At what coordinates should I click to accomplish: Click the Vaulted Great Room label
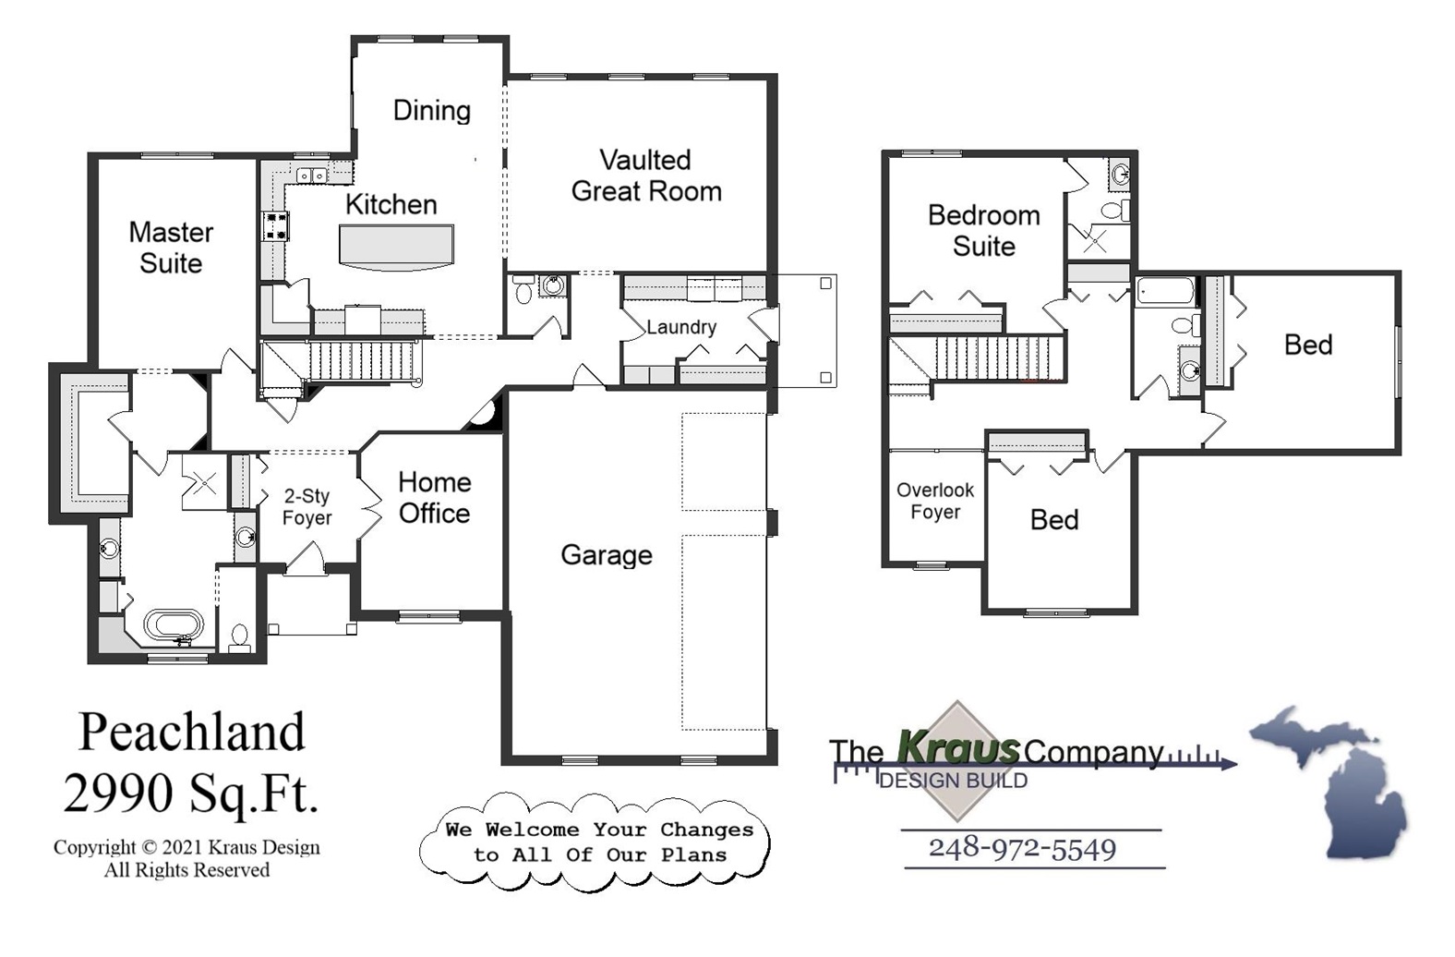point(645,176)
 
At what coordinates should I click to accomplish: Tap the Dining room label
point(431,111)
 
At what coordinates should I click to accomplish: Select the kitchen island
point(397,248)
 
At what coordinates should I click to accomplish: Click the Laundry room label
point(680,327)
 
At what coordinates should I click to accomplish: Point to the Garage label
point(606,555)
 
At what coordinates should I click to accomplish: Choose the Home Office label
point(434,498)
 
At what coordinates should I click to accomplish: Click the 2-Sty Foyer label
point(307,507)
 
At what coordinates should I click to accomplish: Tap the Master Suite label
point(171,248)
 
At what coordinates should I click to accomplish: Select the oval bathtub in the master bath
point(174,625)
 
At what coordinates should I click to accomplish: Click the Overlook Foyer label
point(934,501)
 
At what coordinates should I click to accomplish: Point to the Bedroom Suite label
point(983,231)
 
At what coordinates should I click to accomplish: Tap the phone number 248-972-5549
point(1022,848)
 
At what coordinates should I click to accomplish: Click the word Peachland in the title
point(191,733)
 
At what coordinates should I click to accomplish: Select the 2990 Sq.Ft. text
point(191,793)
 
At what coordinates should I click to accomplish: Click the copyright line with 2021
point(186,847)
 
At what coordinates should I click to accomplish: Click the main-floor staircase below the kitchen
point(365,359)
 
